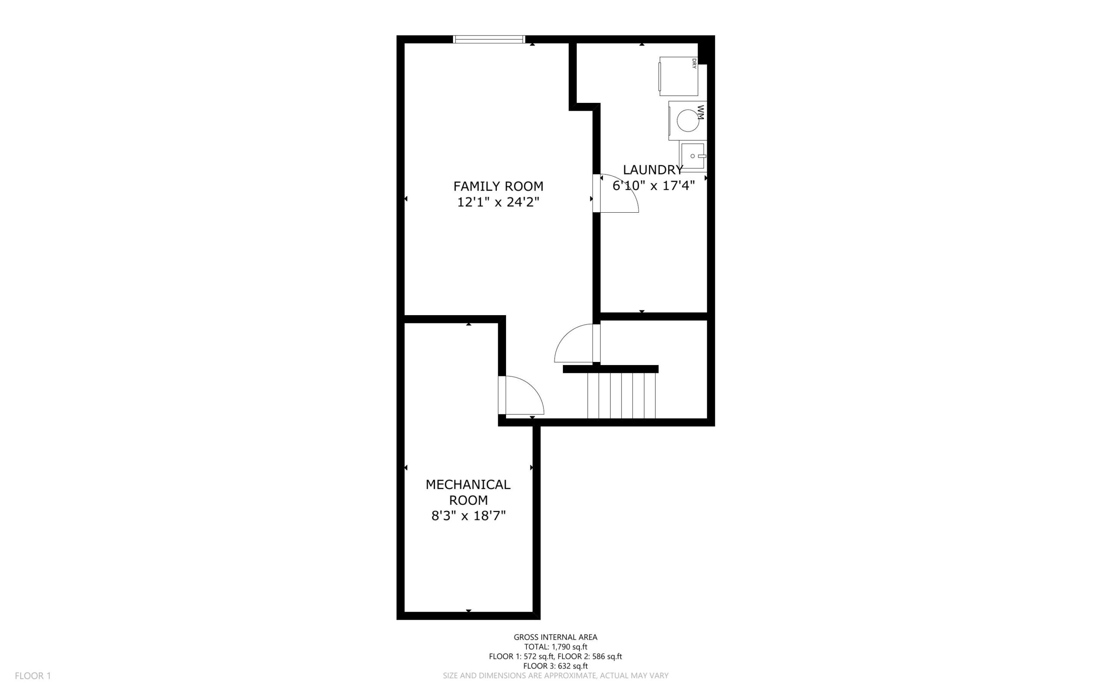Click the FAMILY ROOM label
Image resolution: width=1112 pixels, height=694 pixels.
click(498, 186)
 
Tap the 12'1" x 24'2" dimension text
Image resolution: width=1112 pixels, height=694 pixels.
click(498, 202)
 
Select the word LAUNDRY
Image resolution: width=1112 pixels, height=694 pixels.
click(653, 170)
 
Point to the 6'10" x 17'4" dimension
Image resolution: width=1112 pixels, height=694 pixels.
click(653, 185)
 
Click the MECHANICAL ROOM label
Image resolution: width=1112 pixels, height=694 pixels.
click(468, 492)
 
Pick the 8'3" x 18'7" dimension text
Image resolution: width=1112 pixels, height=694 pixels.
click(468, 516)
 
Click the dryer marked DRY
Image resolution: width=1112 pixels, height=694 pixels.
click(678, 76)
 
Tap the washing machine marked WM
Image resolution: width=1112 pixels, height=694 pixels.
click(687, 120)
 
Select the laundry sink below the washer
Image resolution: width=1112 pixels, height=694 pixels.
click(693, 156)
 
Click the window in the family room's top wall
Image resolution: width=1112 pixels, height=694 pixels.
click(489, 39)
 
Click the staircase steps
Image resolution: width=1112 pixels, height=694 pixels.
click(622, 395)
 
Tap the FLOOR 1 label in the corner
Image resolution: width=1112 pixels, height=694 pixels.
click(33, 676)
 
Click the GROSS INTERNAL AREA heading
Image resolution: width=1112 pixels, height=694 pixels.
click(555, 637)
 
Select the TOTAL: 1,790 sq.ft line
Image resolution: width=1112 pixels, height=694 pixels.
click(555, 647)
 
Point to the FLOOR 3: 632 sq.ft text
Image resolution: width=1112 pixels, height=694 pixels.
click(555, 666)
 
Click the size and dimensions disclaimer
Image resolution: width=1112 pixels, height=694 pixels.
click(555, 676)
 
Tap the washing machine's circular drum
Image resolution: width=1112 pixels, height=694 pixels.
click(688, 121)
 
